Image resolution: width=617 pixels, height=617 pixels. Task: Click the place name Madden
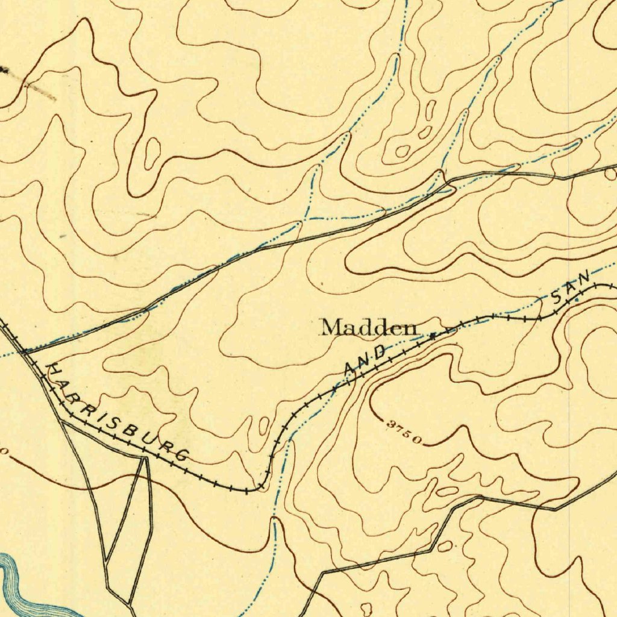pos(369,328)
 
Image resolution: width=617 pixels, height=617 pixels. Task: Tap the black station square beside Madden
pos(432,336)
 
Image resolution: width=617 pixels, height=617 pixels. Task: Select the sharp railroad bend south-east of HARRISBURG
pos(259,486)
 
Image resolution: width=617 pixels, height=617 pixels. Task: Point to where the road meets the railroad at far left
pos(24,349)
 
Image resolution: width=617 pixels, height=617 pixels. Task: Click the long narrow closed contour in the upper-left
pos(153,153)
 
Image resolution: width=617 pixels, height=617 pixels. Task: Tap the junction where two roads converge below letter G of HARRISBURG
pos(145,459)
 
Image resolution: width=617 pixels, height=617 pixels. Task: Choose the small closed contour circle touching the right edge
pos(610,174)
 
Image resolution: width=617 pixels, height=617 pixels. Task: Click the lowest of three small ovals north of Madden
pos(402,151)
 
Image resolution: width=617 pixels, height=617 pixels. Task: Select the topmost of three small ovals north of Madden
pos(431,110)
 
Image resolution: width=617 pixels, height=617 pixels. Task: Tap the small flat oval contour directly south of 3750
pos(446,492)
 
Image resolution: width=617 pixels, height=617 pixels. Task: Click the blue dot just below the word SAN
pos(576,299)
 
